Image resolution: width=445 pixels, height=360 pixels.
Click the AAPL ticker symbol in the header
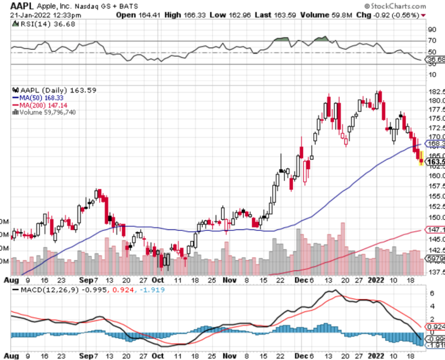[x=22, y=6]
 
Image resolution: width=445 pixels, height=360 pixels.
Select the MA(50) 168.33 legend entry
[x=38, y=97]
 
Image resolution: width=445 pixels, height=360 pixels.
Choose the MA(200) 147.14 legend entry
[x=40, y=105]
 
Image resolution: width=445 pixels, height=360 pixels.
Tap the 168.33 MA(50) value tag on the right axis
[x=435, y=144]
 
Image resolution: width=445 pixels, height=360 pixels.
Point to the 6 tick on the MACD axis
[x=431, y=293]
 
